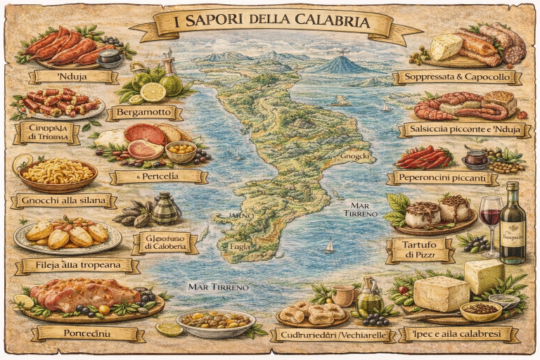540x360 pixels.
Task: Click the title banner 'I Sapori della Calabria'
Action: (271, 22)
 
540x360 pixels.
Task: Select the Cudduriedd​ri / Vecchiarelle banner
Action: (328, 335)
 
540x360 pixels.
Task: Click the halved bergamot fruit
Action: (152, 92)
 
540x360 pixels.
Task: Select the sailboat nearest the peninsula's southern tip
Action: (328, 246)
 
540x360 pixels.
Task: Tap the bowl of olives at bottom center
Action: (215, 323)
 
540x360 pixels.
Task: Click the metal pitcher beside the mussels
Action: (166, 208)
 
